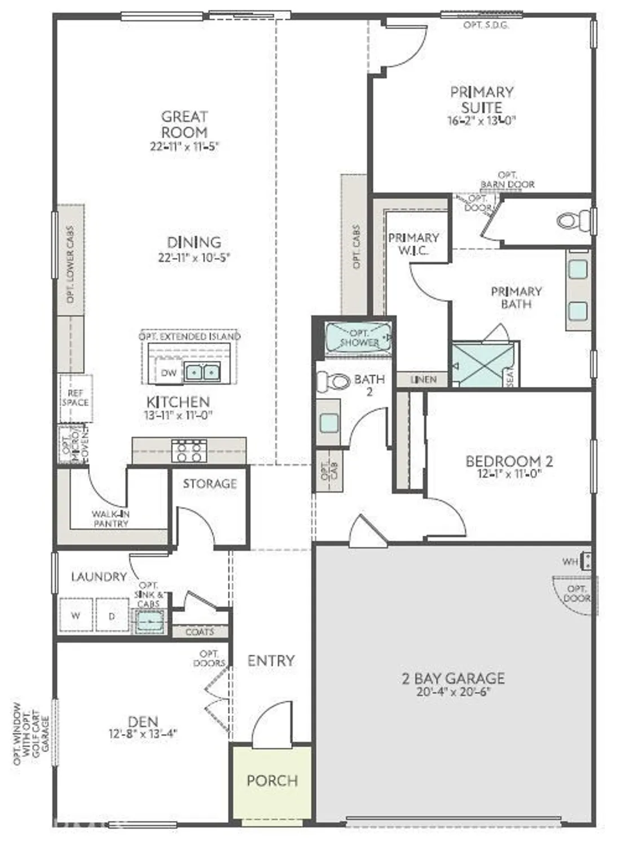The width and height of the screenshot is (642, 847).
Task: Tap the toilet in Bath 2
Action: [333, 382]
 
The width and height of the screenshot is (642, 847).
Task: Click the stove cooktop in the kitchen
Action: [189, 451]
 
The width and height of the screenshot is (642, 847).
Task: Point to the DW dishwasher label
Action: [169, 373]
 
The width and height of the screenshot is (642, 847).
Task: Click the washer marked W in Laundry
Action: [76, 615]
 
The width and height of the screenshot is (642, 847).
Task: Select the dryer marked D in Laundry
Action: [112, 615]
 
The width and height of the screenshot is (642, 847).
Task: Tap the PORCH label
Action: [272, 781]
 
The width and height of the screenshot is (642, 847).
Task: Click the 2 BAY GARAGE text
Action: [453, 678]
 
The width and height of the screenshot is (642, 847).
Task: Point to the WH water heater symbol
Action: [587, 561]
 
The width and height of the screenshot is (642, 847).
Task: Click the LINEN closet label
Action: [423, 379]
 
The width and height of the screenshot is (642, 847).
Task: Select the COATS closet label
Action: [200, 632]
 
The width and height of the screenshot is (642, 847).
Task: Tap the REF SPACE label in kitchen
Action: [75, 398]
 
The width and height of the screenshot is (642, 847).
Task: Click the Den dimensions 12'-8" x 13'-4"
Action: [143, 734]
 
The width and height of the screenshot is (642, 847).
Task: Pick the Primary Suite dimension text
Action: [481, 120]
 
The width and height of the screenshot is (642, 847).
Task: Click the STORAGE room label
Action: [209, 483]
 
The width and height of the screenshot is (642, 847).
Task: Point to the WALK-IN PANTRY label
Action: [111, 519]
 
